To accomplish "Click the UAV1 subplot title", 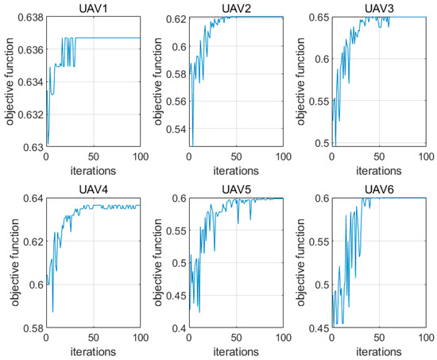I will [x=92, y=7].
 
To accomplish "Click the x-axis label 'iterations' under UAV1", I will [x=92, y=168].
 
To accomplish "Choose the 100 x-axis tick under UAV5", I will [x=281, y=339].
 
